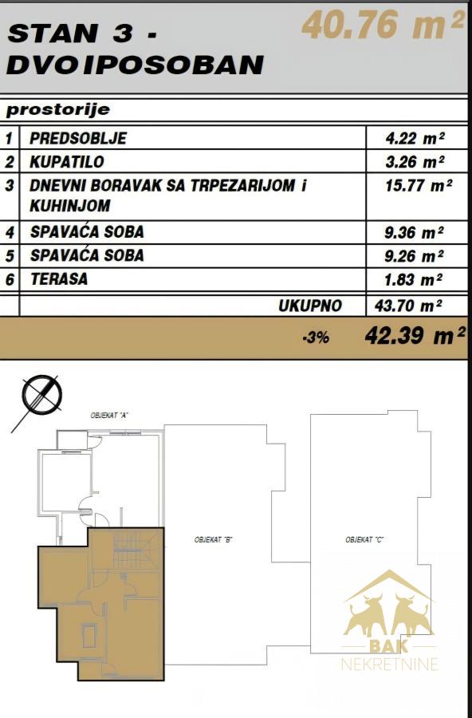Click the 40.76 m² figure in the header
383,26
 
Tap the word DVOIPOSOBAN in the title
136,65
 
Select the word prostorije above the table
58,110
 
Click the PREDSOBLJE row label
78,138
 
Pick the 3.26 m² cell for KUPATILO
415,162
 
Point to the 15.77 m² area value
419,185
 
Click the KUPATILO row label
67,162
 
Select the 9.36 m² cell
414,233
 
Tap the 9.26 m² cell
414,256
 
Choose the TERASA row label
59,279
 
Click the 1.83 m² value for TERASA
414,279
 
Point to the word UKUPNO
310,306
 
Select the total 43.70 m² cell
408,305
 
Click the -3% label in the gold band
316,338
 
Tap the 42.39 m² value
415,336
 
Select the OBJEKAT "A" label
109,416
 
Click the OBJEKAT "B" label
214,540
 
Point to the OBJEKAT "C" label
364,540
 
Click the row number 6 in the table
10,279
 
